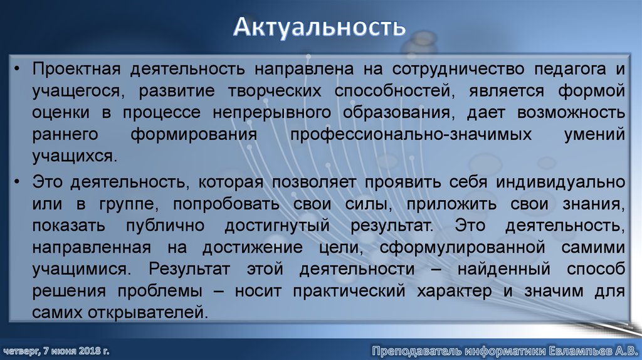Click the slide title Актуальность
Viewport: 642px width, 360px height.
(320, 28)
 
